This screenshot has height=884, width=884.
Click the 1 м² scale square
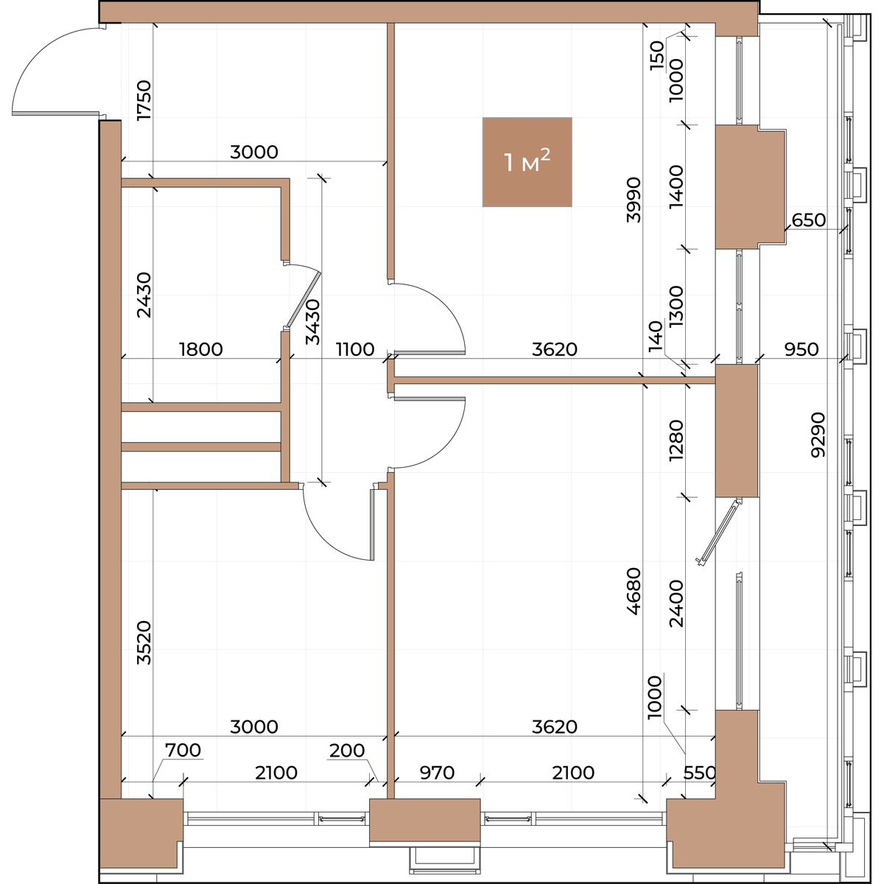pos(527,162)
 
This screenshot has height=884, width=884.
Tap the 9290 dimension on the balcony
pos(818,435)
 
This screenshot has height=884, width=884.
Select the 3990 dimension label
pos(634,200)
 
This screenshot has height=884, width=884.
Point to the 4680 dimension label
pos(634,592)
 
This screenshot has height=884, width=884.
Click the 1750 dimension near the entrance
pos(144,100)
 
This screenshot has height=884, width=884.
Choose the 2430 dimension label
pos(144,295)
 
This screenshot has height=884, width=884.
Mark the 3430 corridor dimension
pos(313,322)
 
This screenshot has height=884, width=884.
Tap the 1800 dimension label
pos(201,350)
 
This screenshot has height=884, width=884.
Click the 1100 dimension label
pos(355,350)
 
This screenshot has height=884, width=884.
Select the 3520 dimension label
pos(144,642)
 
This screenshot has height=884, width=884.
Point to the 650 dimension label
pos(809,220)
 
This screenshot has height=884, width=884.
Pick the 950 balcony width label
pos(801,350)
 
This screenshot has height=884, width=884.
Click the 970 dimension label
pos(437,773)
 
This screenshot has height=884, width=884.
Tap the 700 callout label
pos(183,750)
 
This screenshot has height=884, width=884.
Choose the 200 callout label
pos(347,751)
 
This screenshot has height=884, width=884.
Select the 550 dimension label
pos(700,773)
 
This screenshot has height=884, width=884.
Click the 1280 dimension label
pos(677,441)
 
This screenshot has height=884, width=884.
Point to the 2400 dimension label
pos(677,603)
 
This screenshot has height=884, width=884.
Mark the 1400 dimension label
pos(677,186)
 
